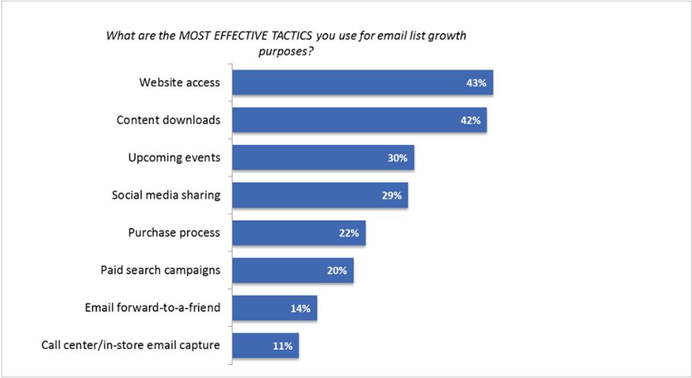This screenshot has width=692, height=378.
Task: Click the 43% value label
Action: (x=475, y=83)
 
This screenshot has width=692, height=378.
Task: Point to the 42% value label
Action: (x=469, y=121)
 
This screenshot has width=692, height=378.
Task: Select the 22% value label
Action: (x=349, y=233)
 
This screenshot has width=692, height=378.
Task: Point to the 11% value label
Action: (x=282, y=346)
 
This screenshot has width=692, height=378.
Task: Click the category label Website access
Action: (x=179, y=82)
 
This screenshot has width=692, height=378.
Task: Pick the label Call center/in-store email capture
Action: (x=131, y=345)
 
